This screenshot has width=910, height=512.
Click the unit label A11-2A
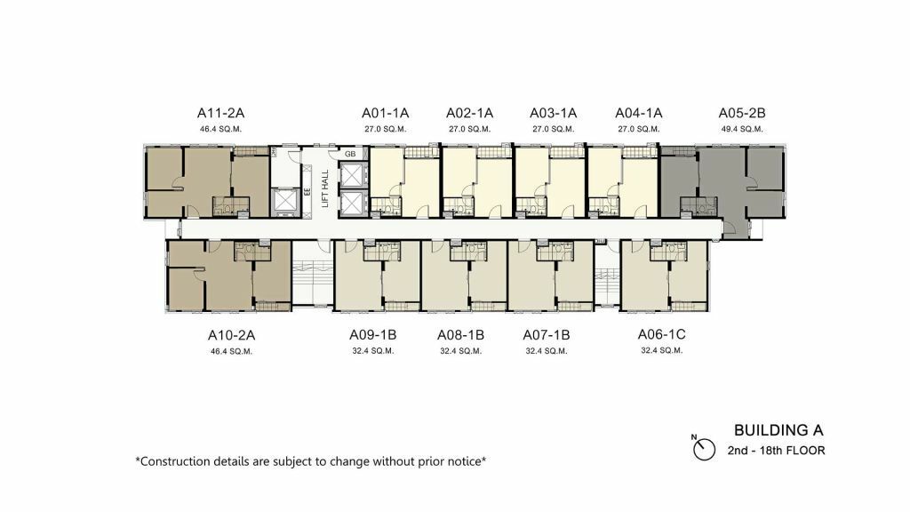220,113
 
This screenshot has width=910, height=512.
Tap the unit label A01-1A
386,113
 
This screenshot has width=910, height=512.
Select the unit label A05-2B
742,113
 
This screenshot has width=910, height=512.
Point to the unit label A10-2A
232,335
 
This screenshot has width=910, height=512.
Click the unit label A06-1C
661,334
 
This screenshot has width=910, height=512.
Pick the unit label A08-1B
461,335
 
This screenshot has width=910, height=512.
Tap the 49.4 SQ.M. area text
742,129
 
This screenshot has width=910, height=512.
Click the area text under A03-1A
553,129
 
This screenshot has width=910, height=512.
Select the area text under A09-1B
373,350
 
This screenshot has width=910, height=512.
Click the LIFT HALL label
325,188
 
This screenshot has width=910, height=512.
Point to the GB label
350,154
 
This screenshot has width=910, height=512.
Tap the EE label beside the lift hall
307,190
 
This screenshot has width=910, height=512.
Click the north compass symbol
704,449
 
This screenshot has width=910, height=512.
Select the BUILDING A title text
778,430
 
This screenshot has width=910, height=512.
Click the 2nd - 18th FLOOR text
776,450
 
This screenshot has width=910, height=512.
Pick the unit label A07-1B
547,335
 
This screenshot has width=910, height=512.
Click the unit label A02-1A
469,113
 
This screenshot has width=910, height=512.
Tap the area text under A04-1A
638,129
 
